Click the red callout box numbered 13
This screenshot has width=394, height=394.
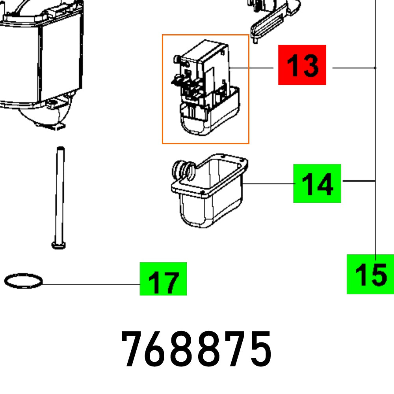tap(302, 65)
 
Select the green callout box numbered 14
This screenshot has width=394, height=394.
tap(317, 184)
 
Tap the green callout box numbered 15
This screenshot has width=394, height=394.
tap(370, 274)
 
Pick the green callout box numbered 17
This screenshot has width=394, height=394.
tap(163, 279)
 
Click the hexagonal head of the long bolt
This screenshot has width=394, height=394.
tap(58, 245)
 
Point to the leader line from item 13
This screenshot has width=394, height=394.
tap(252, 68)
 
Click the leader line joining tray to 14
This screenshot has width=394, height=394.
tap(268, 184)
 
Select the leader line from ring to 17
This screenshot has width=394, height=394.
tap(91, 284)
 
